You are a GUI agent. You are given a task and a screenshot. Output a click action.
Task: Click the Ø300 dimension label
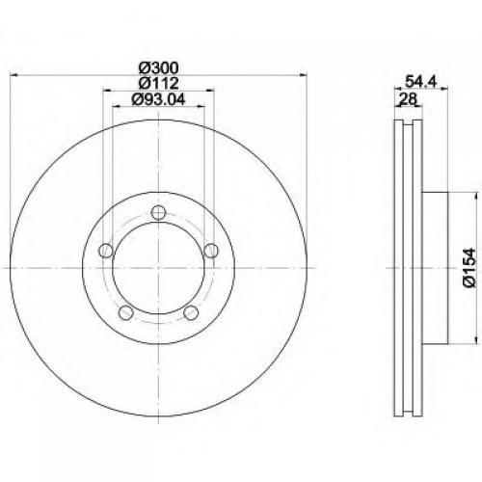[158, 67]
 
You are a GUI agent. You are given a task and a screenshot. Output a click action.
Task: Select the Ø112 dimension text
[158, 84]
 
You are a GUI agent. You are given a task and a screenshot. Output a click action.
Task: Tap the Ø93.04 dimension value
[158, 99]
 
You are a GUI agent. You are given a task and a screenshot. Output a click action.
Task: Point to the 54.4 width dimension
[420, 81]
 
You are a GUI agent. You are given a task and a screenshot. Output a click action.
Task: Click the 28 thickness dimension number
[408, 99]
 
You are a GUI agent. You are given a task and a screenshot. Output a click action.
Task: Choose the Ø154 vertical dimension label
[469, 267]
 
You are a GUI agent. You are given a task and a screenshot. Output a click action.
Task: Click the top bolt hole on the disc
[158, 213]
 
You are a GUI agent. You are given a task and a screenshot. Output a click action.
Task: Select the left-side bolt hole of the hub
[106, 251]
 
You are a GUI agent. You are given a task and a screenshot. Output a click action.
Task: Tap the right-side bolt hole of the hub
[211, 251]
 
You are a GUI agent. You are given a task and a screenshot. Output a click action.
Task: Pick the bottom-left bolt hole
[126, 312]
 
